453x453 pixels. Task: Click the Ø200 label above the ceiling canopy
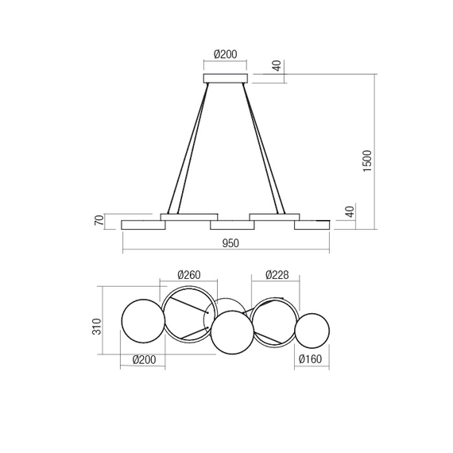(x=226, y=54)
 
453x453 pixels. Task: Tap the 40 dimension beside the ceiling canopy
(x=277, y=66)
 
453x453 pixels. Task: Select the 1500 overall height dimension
(x=367, y=161)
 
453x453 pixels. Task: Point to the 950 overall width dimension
(x=230, y=243)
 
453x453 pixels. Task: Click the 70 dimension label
(x=99, y=220)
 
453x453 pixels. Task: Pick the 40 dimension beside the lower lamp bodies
(x=350, y=211)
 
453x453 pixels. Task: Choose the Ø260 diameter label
(x=189, y=275)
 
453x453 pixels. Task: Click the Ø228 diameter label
(x=277, y=275)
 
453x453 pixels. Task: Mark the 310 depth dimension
(x=97, y=327)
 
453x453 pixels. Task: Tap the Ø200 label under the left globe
(x=144, y=360)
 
